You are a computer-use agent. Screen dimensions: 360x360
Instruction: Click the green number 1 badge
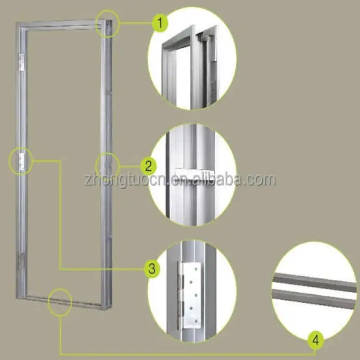pos(160,23)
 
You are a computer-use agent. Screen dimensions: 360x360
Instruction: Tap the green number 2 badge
pos(149,166)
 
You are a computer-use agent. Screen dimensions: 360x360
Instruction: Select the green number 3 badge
pos(152,268)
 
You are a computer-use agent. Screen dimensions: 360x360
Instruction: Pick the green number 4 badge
pos(316,340)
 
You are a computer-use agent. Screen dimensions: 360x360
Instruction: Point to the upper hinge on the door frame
pos(22,62)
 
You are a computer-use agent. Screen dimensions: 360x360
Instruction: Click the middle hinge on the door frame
pos(22,161)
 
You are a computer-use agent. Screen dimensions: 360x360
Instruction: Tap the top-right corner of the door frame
pos(112,20)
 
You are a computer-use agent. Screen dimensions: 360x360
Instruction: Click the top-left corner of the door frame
pos(16,22)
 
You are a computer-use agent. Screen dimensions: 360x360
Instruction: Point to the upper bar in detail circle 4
pos(315,282)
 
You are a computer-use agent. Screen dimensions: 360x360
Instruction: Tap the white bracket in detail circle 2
pos(194,174)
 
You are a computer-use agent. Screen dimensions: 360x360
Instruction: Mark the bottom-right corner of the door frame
pos(112,310)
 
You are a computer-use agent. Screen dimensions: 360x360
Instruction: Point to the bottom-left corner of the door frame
pos(16,298)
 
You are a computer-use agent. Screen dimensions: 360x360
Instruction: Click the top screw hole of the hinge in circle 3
pos(195,268)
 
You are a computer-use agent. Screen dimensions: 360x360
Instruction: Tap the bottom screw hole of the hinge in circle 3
pos(196,321)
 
